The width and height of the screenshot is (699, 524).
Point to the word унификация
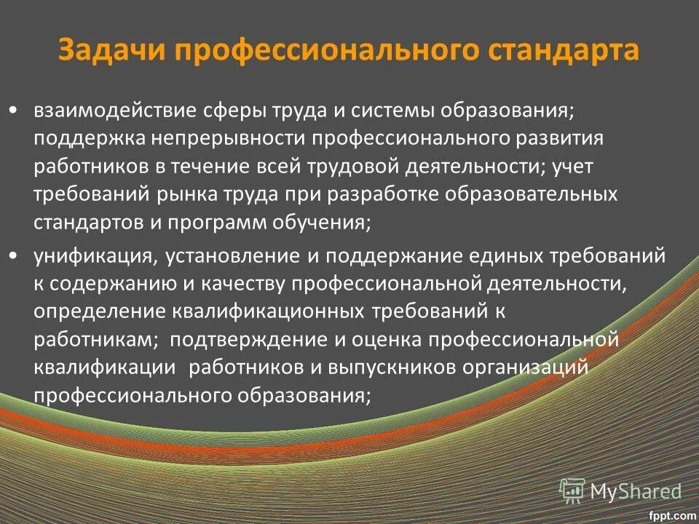click(92, 255)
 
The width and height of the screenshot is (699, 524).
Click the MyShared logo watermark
click(620, 491)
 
